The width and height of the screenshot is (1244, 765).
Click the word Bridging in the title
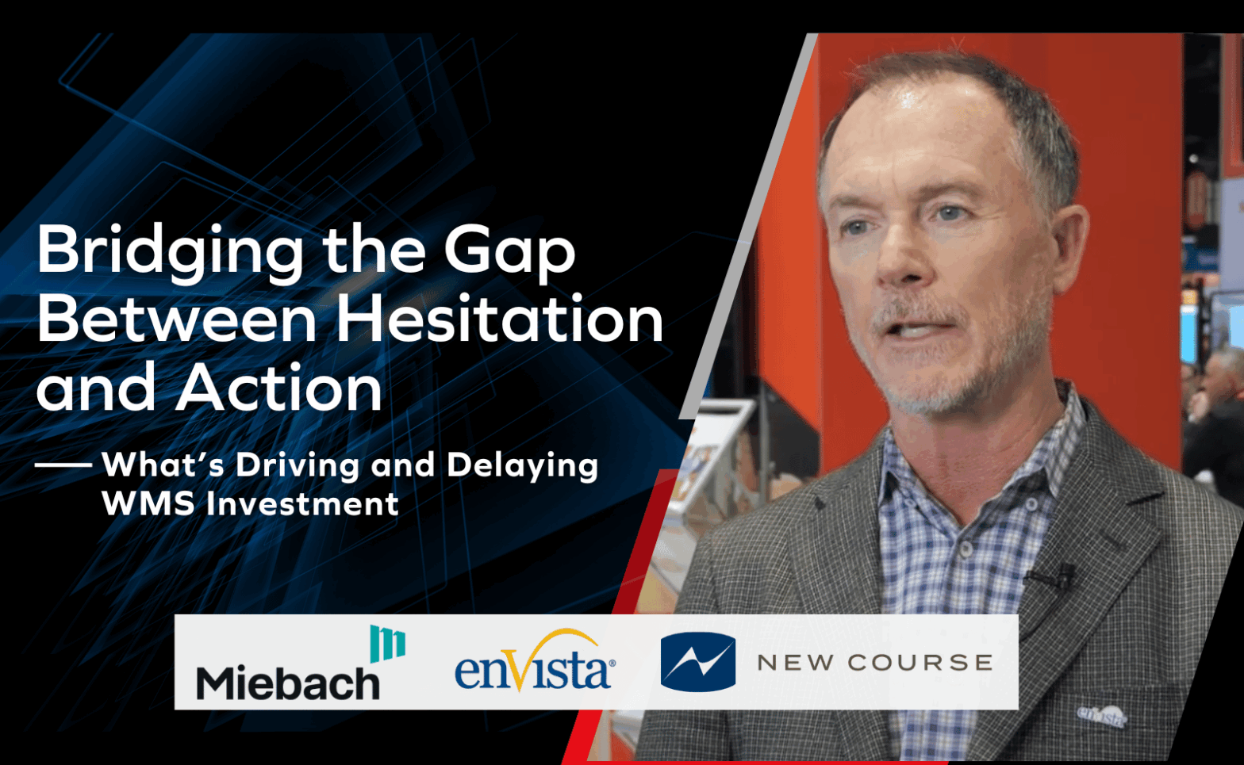pyautogui.click(x=170, y=252)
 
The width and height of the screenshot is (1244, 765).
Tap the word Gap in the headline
pyautogui.click(x=509, y=252)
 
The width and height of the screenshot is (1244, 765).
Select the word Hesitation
pyautogui.click(x=499, y=319)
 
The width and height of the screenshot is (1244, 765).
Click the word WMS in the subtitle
pyautogui.click(x=148, y=504)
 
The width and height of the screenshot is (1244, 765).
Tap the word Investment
pyautogui.click(x=302, y=504)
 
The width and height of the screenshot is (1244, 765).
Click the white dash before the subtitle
pyautogui.click(x=63, y=465)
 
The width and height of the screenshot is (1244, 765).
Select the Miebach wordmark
pyautogui.click(x=288, y=683)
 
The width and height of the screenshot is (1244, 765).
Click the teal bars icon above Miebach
pyautogui.click(x=388, y=644)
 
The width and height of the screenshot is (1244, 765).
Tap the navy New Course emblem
pyautogui.click(x=698, y=662)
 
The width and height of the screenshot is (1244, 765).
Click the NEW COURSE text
pyautogui.click(x=874, y=663)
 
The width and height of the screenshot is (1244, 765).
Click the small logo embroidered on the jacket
pyautogui.click(x=1102, y=716)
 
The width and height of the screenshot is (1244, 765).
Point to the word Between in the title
pyautogui.click(x=177, y=319)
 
